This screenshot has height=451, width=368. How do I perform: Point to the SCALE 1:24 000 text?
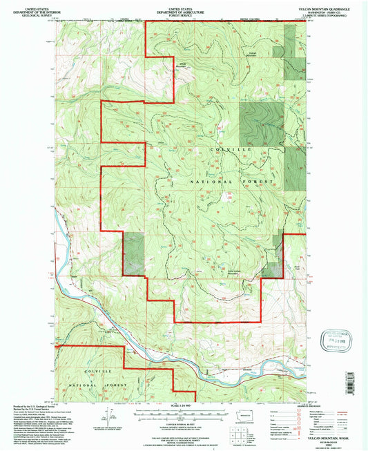click(x=179, y=405)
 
